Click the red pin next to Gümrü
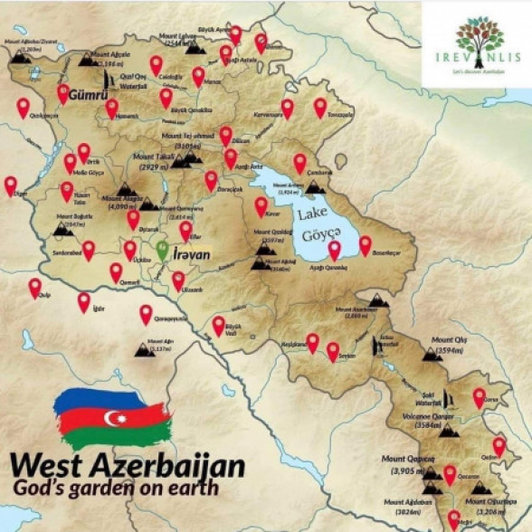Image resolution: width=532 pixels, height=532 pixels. pyautogui.click(x=63, y=92)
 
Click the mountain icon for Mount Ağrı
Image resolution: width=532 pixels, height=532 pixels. pyautogui.click(x=145, y=349)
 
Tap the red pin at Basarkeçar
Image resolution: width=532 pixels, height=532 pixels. pyautogui.click(x=366, y=244)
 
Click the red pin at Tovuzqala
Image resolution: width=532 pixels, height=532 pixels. pyautogui.click(x=320, y=107)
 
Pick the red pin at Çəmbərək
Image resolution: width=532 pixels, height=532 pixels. pyautogui.click(x=300, y=163)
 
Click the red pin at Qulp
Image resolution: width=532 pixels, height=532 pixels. pyautogui.click(x=35, y=287)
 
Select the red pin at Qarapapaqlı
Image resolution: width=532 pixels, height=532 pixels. pyautogui.click(x=146, y=313)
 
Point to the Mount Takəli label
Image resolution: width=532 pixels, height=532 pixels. pyautogui.click(x=159, y=156)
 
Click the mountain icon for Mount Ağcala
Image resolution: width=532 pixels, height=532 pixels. pyautogui.click(x=87, y=59)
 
